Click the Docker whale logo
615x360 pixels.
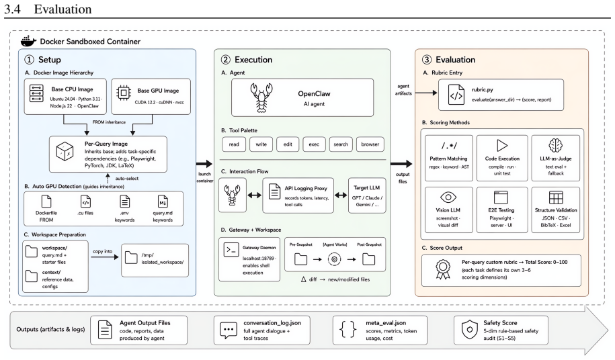coord(29,41)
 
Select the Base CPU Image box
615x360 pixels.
coord(65,97)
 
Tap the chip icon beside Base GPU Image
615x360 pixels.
coord(124,93)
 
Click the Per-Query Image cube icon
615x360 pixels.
coord(65,151)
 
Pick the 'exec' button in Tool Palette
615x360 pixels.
coord(314,144)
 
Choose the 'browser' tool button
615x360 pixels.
coord(370,144)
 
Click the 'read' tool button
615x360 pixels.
coord(234,144)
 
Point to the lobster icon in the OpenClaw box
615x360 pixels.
coord(261,97)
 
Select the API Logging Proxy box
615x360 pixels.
coord(298,195)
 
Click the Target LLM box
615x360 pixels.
coord(367,195)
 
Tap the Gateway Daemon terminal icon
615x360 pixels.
coord(231,250)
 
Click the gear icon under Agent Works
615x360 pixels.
coord(334,259)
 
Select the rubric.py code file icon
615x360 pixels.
coord(456,95)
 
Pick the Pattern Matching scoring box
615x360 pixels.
coord(449,158)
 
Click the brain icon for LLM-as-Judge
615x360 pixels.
coord(555,145)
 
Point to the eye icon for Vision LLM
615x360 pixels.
coord(448,197)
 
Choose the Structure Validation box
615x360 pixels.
coord(555,210)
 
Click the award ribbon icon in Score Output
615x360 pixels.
coord(443,270)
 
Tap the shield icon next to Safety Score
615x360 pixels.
coord(470,330)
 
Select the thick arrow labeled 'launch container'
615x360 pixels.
coord(204,164)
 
